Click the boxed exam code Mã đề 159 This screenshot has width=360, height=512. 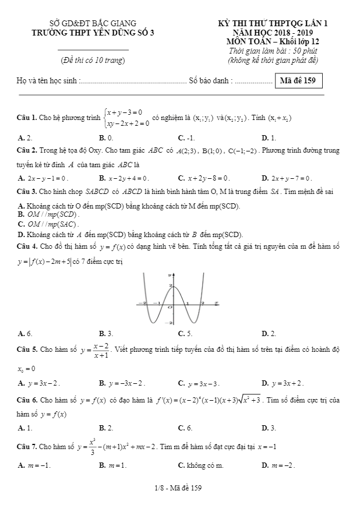pyautogui.click(x=297, y=80)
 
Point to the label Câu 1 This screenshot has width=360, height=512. pyautogui.click(x=27, y=118)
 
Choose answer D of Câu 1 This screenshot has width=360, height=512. pyautogui.click(x=269, y=138)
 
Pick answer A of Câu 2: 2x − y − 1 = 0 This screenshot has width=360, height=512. pyautogui.click(x=44, y=178)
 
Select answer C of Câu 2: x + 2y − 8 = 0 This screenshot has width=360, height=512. pyautogui.click(x=203, y=178)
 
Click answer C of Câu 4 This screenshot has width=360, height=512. pyautogui.click(x=185, y=333)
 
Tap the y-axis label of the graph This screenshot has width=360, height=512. pyautogui.click(x=170, y=273)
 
